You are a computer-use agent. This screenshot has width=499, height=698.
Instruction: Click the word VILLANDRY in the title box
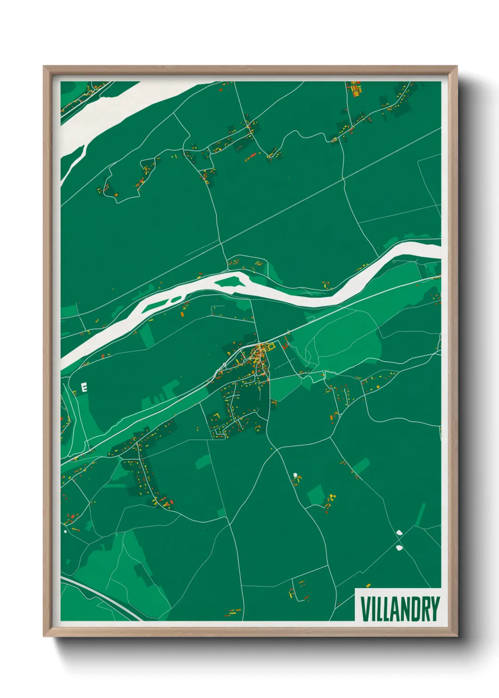[400, 609]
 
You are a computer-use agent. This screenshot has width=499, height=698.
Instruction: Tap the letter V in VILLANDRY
[365, 609]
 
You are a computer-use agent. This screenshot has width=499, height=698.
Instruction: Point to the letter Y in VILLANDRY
[434, 609]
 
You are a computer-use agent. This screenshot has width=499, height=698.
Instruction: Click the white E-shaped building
[84, 388]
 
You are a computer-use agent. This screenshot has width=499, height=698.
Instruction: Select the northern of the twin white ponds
[399, 532]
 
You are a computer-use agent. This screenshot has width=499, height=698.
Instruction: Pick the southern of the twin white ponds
[399, 548]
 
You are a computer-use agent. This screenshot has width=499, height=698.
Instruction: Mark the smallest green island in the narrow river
[175, 299]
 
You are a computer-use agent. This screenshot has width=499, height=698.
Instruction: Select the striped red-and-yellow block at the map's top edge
[355, 88]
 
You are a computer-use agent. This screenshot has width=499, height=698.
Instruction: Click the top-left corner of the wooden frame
[45, 68]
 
